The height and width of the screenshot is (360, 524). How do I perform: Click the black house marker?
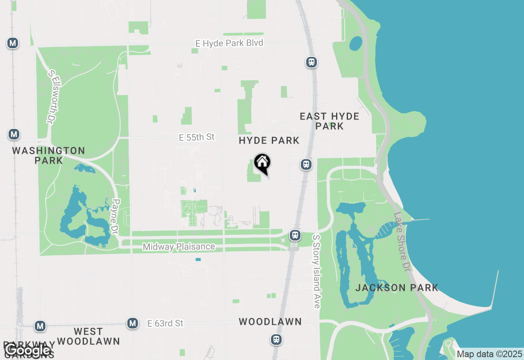pos(262,163)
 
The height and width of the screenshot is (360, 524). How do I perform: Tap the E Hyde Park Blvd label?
pos(229,43)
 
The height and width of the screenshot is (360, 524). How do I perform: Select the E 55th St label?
pos(196,137)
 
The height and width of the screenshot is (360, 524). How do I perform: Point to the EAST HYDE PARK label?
pos(330,121)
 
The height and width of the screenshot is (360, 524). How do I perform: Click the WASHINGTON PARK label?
pos(48,155)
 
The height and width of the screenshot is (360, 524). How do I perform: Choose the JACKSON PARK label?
pos(397,288)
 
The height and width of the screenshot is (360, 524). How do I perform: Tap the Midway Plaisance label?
pos(179,247)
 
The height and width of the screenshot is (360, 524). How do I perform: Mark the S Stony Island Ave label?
pos(316,271)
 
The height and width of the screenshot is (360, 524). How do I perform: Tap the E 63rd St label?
pos(165,323)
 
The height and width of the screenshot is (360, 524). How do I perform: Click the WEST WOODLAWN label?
pos(88,336)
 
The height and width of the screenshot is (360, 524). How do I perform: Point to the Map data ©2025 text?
pos(489,354)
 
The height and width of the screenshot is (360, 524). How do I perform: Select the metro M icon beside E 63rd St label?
pos(132,323)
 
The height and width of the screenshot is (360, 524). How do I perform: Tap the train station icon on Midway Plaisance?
pos(295,235)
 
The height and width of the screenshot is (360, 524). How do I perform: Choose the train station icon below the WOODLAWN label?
pos(277,340)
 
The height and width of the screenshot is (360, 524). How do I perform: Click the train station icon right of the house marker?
pos(306,164)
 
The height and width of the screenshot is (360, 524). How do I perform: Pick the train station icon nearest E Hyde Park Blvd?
pos(312,62)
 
